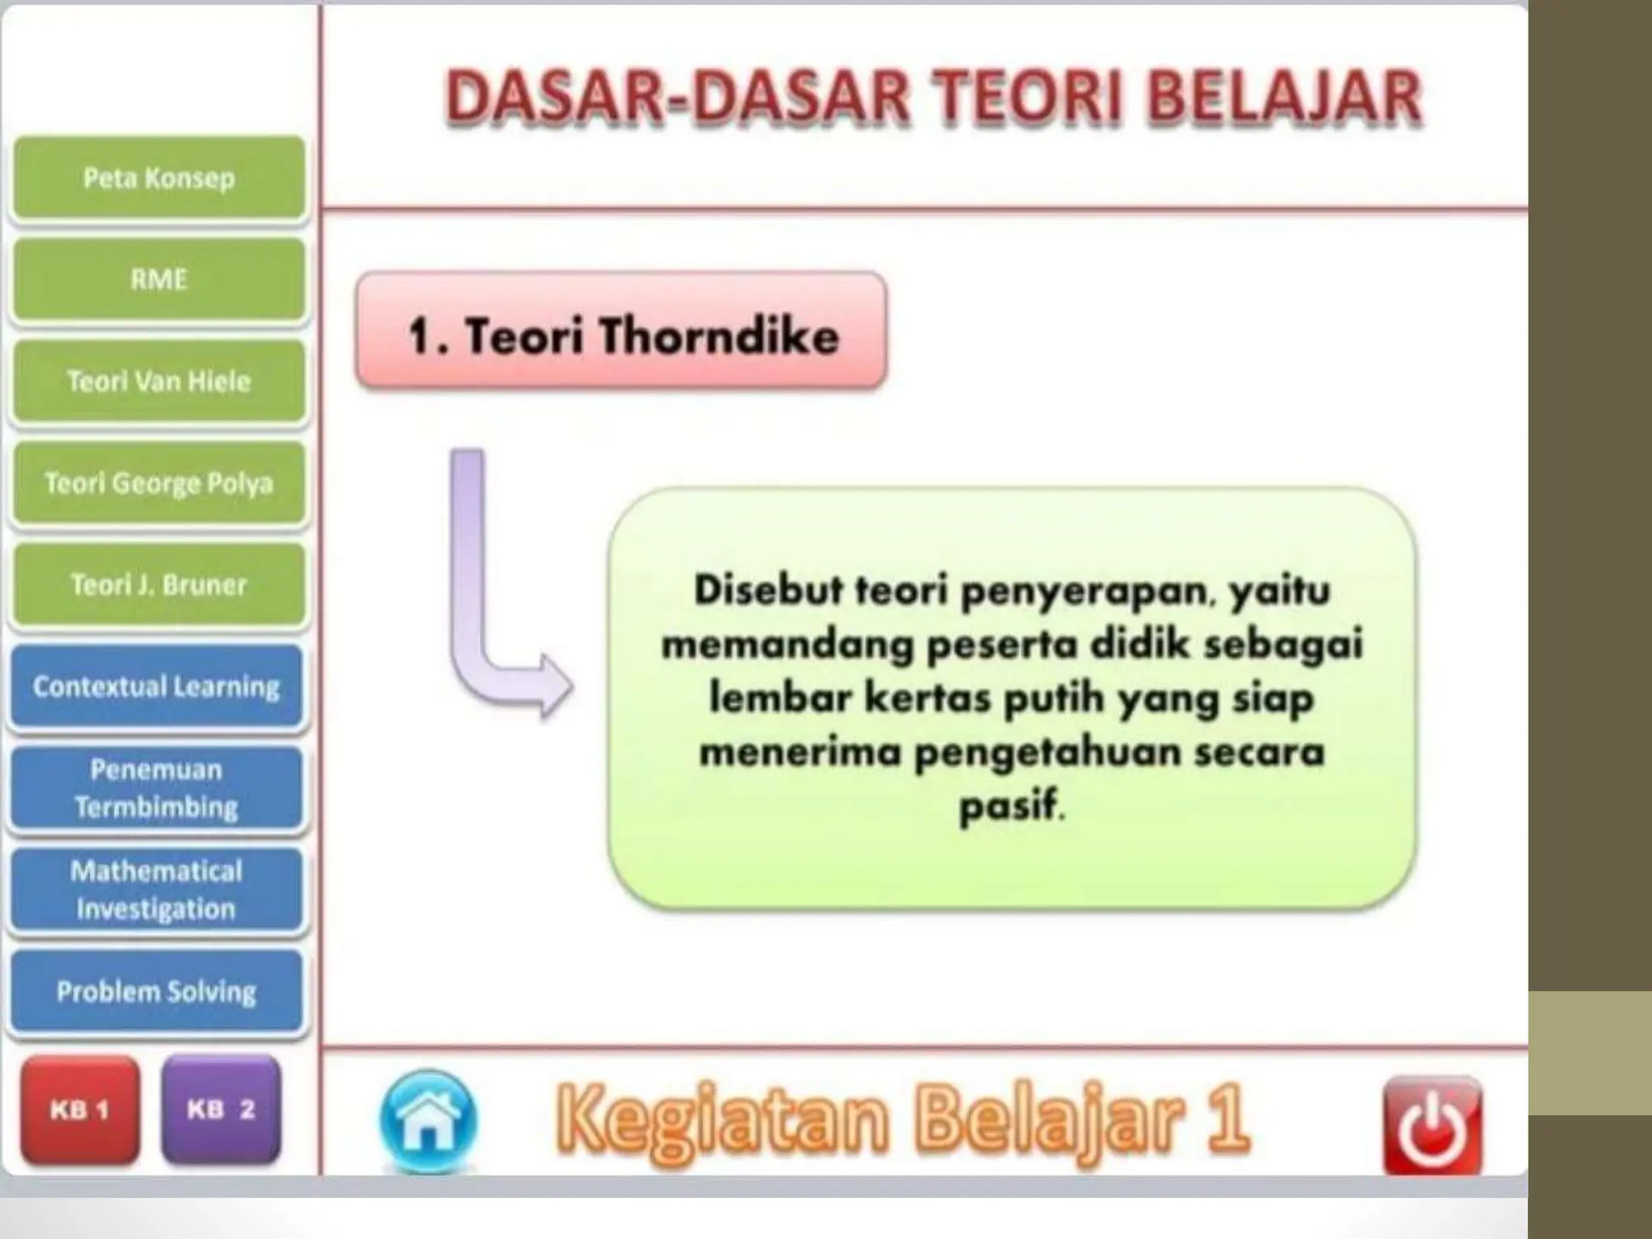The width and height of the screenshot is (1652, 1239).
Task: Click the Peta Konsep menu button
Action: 159,177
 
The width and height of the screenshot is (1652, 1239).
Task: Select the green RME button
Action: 159,279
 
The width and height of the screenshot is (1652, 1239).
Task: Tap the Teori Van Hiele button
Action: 159,381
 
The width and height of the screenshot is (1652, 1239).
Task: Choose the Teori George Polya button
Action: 159,482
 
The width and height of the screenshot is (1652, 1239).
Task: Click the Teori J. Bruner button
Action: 159,584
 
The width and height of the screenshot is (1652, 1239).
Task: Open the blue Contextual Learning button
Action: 156,686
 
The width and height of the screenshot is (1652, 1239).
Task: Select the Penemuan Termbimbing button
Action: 156,788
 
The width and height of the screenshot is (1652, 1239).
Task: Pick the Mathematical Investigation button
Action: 156,890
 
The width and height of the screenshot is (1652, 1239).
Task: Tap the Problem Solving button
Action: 156,991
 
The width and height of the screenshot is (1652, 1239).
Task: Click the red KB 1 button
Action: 79,1110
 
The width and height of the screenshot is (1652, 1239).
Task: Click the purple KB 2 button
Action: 221,1110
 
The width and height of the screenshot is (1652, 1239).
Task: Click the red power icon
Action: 1432,1126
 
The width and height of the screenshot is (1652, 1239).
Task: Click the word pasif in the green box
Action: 1010,805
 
